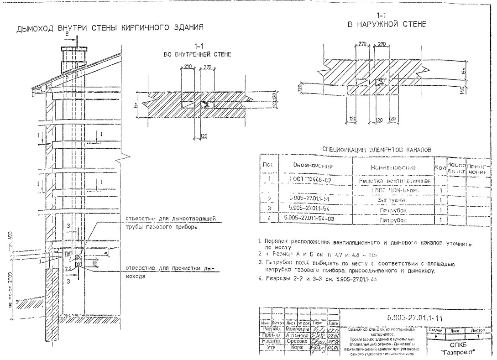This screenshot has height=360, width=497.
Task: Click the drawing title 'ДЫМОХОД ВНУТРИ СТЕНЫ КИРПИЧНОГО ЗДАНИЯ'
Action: (110, 29)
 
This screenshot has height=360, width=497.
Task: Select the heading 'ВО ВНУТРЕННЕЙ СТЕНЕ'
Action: (197, 55)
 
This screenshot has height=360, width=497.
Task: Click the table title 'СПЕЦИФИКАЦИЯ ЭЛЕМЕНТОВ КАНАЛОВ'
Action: (377, 149)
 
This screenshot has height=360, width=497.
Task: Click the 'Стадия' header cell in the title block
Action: (436, 329)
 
